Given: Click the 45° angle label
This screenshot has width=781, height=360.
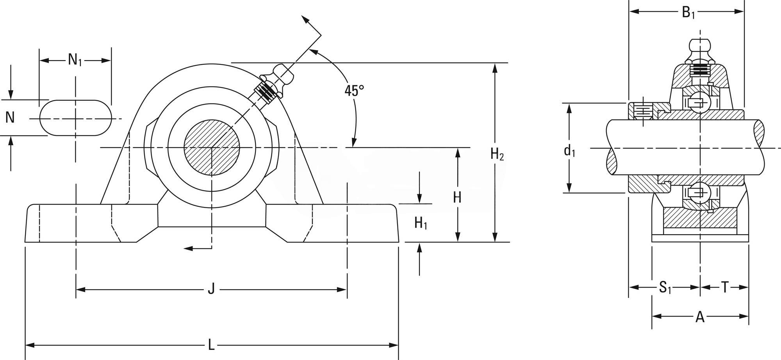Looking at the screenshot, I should [x=354, y=91].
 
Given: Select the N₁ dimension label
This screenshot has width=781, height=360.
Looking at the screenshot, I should [x=75, y=60].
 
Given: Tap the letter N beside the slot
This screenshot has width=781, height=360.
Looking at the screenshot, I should [x=10, y=117].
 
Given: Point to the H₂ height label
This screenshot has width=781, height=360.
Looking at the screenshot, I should [x=497, y=155].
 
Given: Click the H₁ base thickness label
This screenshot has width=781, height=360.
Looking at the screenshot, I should [x=421, y=223].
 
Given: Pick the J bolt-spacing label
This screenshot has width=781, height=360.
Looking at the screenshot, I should [x=211, y=290].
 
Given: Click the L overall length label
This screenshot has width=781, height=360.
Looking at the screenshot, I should [x=211, y=346].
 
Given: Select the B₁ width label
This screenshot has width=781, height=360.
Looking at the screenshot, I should [x=688, y=12].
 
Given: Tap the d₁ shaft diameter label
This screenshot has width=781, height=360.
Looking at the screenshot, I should [x=569, y=150].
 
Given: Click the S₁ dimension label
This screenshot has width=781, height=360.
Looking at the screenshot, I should [x=665, y=288].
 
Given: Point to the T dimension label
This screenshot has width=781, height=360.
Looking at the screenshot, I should [x=724, y=288].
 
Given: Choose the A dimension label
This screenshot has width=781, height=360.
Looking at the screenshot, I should [x=700, y=317].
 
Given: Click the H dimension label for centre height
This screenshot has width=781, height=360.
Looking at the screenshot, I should [x=457, y=197].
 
